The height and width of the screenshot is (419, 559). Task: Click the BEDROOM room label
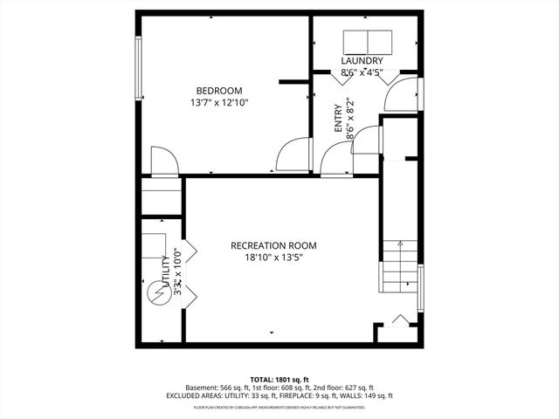pyautogui.click(x=219, y=91)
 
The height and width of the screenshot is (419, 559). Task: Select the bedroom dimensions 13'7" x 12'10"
pyautogui.click(x=219, y=103)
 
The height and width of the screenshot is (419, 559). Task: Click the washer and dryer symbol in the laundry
pyautogui.click(x=368, y=41)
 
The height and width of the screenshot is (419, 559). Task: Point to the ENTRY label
pyautogui.click(x=338, y=119)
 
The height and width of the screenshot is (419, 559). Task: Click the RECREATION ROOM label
pyautogui.click(x=273, y=245)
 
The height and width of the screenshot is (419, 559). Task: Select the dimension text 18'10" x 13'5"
pyautogui.click(x=273, y=258)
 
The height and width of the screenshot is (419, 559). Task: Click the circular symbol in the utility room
pyautogui.click(x=156, y=294)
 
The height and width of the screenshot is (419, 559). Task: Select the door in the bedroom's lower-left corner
pyautogui.click(x=164, y=162)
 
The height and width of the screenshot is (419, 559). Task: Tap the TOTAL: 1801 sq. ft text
pyautogui.click(x=279, y=380)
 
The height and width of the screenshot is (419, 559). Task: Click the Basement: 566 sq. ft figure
pyautogui.click(x=217, y=388)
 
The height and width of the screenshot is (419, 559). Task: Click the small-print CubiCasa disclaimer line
pyautogui.click(x=279, y=406)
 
